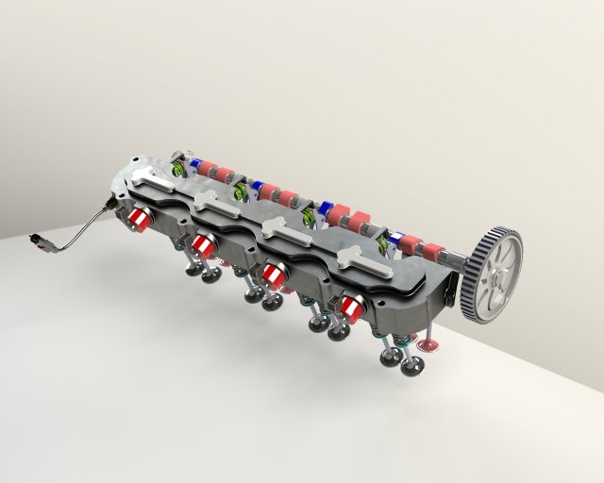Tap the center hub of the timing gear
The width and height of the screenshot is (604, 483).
tap(495, 276)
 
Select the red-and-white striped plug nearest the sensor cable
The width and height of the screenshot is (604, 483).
tap(139, 219)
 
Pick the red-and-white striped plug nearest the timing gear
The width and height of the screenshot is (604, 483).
tap(354, 305)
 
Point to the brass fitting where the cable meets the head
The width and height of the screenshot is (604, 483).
tap(111, 202)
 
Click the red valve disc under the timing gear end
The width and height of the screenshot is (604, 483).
tap(428, 346)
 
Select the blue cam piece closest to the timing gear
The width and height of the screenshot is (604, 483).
tap(396, 236)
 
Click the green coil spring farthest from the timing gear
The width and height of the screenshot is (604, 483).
tap(176, 169)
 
